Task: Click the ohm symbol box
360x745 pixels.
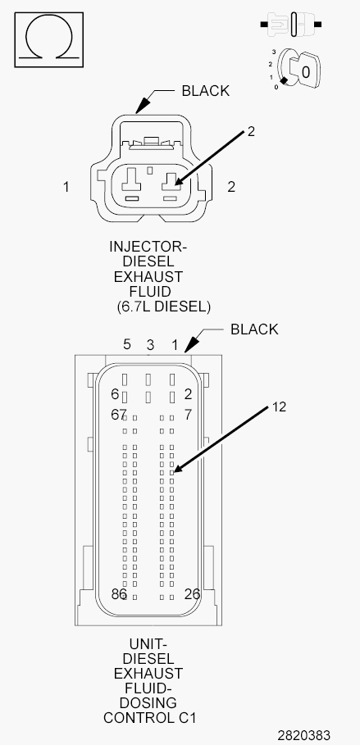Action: tap(49, 40)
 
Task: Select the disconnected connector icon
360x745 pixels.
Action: tap(291, 24)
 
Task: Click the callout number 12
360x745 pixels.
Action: tap(279, 407)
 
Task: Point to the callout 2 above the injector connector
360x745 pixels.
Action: tap(251, 131)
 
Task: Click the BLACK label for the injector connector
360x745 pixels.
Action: tap(206, 91)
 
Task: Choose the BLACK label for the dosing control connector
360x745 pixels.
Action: tap(254, 329)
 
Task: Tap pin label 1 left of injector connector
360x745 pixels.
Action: tap(66, 187)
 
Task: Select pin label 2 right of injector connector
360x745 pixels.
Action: tap(231, 187)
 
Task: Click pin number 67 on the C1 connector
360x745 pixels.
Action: tap(118, 415)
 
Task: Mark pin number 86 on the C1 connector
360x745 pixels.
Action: tap(118, 594)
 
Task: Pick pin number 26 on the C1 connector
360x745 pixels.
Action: tap(192, 594)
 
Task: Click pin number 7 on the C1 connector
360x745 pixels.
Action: tap(188, 415)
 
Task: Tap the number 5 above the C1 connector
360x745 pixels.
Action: tap(127, 344)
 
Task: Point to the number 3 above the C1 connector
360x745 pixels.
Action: tap(150, 345)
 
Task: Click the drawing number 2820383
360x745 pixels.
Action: tap(304, 735)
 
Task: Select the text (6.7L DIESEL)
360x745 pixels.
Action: tap(163, 307)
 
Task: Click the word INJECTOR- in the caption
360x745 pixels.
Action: tap(148, 247)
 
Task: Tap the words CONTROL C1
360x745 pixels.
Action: tap(149, 717)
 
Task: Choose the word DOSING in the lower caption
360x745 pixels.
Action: tap(148, 702)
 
